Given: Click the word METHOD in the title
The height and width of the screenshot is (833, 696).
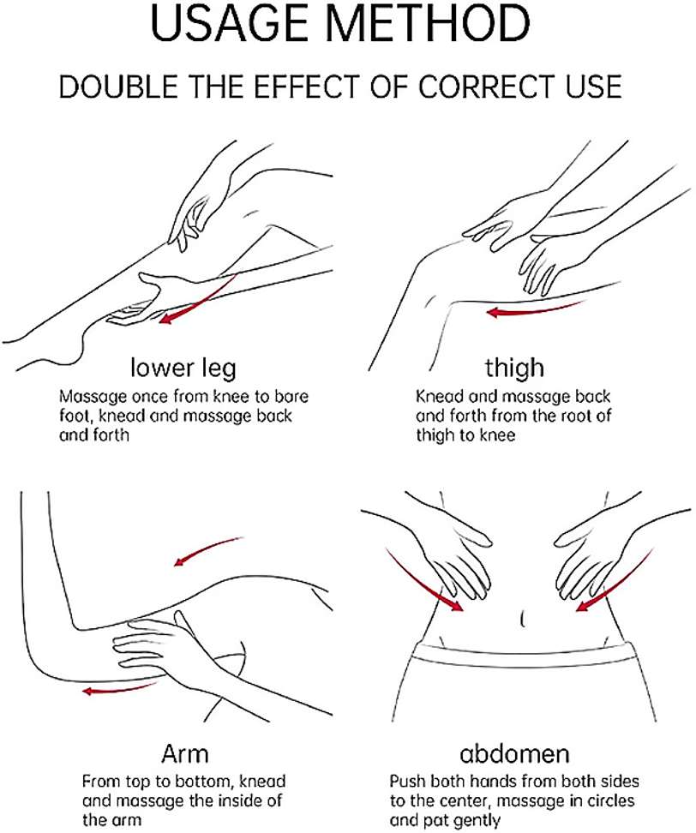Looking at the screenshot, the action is point(428,23).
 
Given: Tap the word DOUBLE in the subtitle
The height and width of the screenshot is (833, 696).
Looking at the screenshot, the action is point(118,87).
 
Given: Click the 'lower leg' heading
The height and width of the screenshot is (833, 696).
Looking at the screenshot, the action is point(183,369).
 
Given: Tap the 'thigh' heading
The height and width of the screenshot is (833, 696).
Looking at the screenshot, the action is point(514,367).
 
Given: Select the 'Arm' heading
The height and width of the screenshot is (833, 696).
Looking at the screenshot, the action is point(184,753).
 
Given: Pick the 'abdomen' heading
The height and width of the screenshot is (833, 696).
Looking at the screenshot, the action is point(514,754).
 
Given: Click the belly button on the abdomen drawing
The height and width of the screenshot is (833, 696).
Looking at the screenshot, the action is point(523,620).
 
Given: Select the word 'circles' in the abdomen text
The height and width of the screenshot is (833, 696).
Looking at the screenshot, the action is point(606,800).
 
